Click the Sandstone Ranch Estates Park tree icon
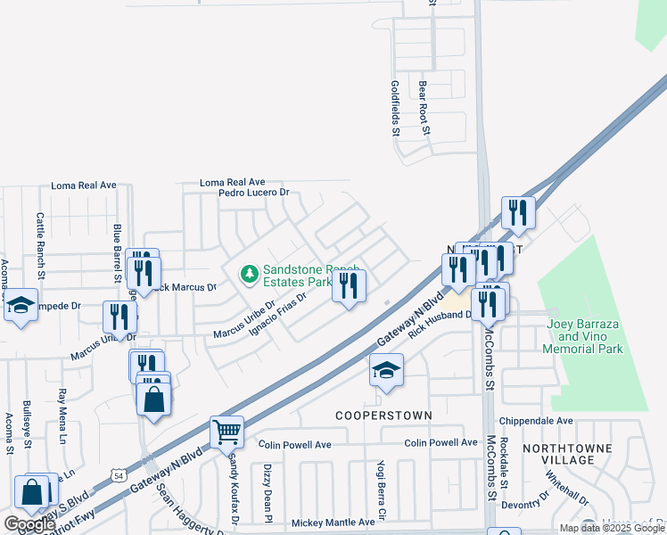click(x=250, y=273)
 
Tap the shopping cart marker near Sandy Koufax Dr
click(x=227, y=432)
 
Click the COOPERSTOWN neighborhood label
click(x=383, y=416)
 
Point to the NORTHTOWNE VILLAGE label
click(x=581, y=453)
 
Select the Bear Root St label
click(x=424, y=108)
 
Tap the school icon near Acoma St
click(x=21, y=307)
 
